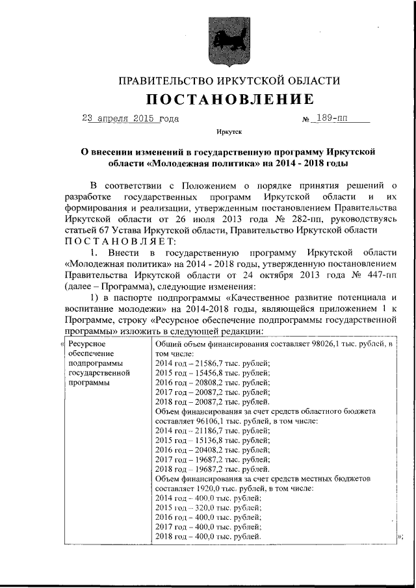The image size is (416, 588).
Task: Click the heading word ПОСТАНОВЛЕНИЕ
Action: pyautogui.click(x=229, y=99)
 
